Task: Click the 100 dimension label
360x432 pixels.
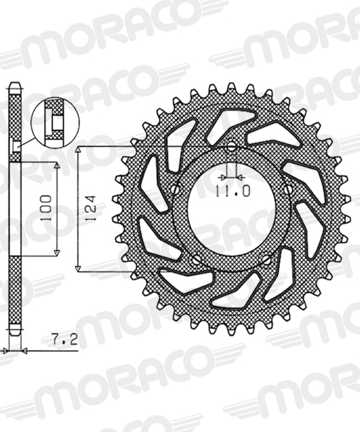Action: tap(46, 208)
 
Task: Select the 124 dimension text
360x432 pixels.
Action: tap(90, 208)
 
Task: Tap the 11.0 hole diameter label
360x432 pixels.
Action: tap(233, 191)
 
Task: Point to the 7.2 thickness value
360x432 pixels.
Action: tap(65, 340)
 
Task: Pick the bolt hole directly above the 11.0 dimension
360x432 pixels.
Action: tap(231, 147)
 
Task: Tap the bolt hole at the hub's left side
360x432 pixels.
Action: tap(175, 189)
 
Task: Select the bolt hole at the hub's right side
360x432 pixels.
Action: tap(288, 189)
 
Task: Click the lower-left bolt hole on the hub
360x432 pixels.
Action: tap(197, 259)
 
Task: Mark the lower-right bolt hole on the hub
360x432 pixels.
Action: tap(266, 259)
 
